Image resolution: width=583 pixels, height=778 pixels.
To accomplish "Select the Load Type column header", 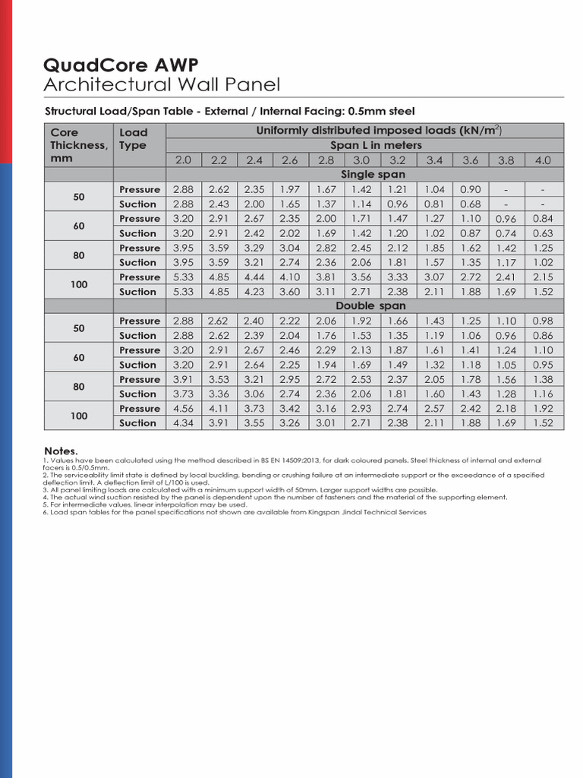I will (x=134, y=138).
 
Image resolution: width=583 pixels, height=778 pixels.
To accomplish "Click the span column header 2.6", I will (x=290, y=160).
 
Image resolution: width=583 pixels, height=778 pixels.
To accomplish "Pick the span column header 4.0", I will (x=542, y=160).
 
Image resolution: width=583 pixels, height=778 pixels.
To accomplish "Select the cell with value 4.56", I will (x=184, y=409).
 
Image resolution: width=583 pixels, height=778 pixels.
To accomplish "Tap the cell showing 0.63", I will (x=542, y=233).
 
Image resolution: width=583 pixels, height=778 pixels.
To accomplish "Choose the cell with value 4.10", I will (x=290, y=277).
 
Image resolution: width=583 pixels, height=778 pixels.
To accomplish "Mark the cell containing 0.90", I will (x=471, y=189).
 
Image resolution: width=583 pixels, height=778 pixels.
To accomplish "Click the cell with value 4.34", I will (x=184, y=423).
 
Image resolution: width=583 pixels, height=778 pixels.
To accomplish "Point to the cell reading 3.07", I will (x=434, y=277).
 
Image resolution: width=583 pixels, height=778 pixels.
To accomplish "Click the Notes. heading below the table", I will (x=61, y=451).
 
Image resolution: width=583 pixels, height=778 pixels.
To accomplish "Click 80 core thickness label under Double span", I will (x=79, y=387).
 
